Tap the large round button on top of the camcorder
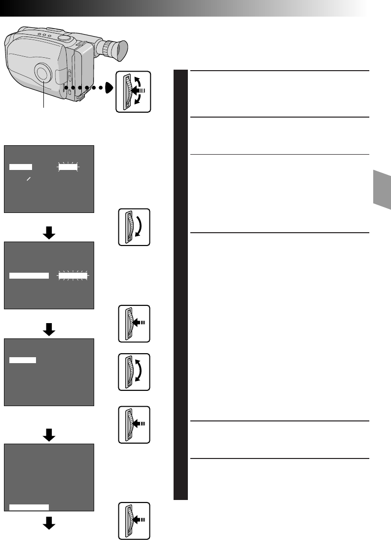pos(64,38)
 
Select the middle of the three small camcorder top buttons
pos(44,35)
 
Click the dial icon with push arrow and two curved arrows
pos(133,91)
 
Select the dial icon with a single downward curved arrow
pos(134,227)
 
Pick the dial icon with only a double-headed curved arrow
pos(134,372)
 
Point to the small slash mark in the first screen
pos(29,181)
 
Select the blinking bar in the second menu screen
pos(72,275)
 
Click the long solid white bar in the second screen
pos(30,275)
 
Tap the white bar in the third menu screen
pos(23,360)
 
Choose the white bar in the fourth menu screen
pos(29,506)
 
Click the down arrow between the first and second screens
pos(49,234)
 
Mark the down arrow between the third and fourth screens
pos(49,435)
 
